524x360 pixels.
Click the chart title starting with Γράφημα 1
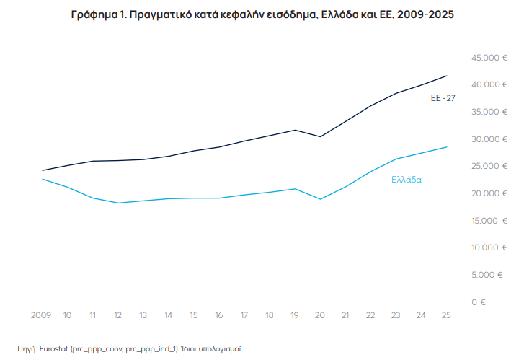[262, 14]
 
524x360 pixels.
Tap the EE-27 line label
[443, 97]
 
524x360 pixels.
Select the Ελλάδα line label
[407, 180]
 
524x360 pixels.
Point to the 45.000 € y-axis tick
[484, 58]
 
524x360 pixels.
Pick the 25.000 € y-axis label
[484, 166]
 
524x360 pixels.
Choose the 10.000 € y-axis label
[484, 247]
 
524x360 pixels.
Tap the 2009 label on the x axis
[41, 315]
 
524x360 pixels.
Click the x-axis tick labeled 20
[320, 315]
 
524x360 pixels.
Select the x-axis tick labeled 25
[447, 315]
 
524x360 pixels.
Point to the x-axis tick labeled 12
[118, 315]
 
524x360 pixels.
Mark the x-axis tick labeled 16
[219, 315]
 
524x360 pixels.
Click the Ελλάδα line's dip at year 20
[320, 199]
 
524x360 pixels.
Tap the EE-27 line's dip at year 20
[320, 136]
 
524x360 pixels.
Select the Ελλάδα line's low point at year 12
[118, 203]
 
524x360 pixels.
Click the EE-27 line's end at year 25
[447, 76]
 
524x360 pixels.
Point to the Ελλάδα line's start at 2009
[42, 179]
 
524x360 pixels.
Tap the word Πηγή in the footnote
[27, 348]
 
